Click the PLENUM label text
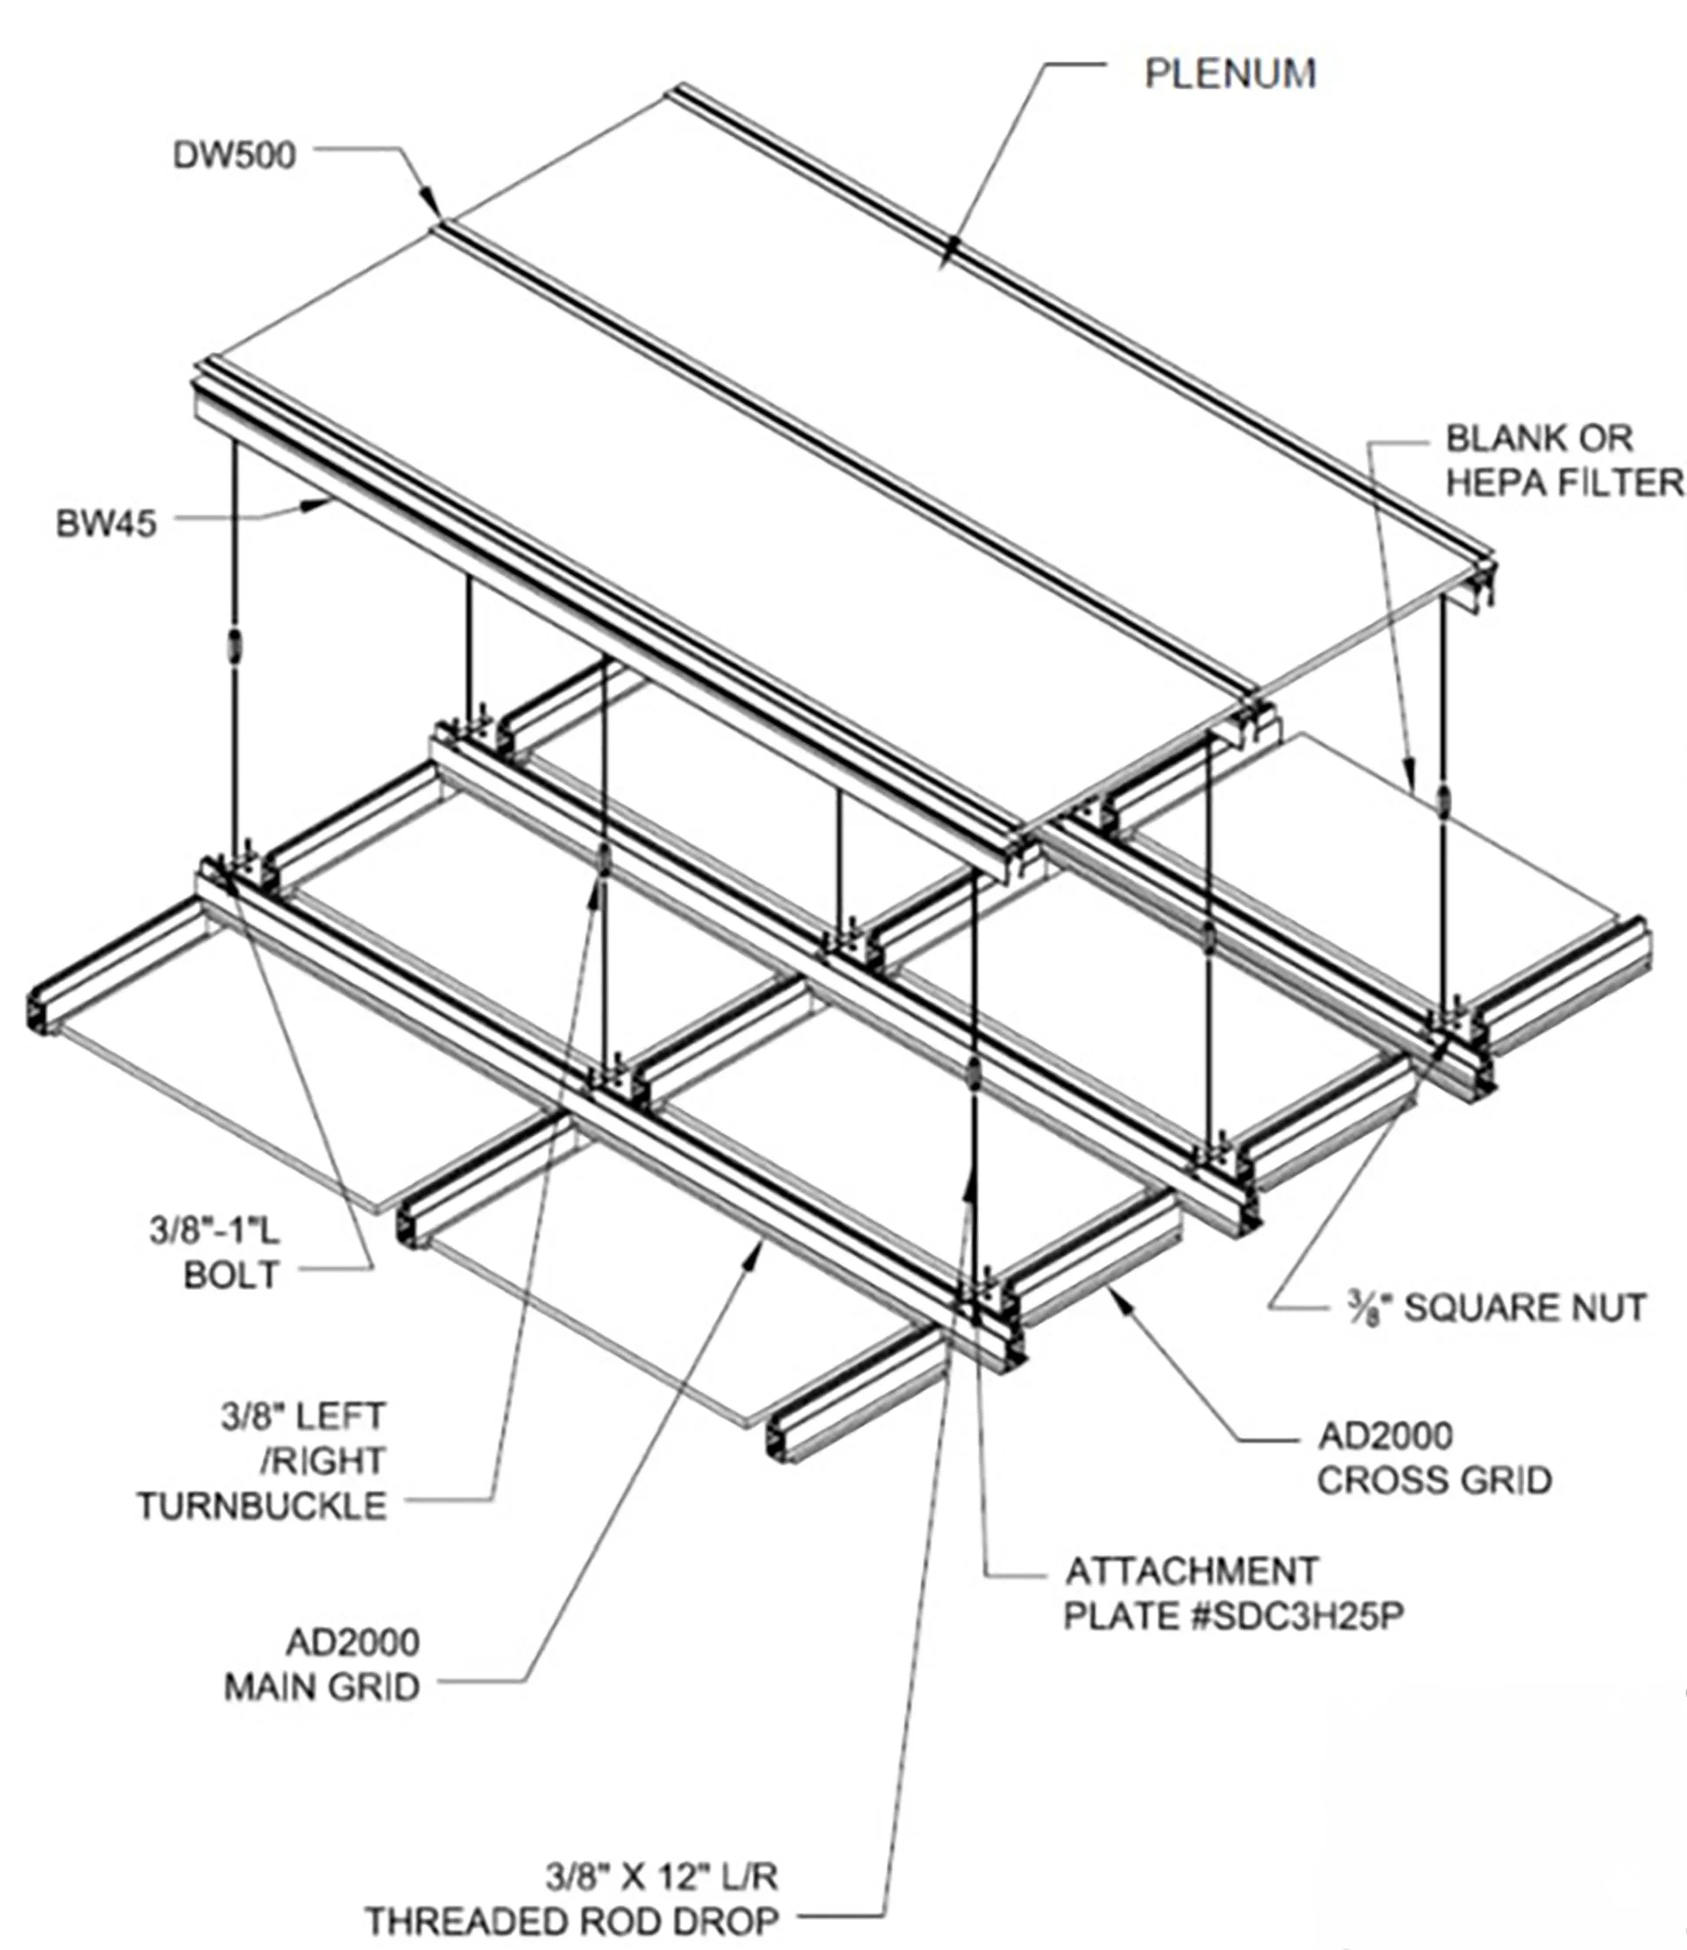pos(1230,74)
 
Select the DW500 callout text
pos(234,155)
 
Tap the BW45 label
pos(106,523)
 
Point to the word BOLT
pos(231,1275)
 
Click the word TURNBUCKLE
pos(263,1506)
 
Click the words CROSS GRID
pos(1434,1480)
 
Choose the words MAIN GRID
pos(322,1687)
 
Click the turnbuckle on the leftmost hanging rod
pos(232,648)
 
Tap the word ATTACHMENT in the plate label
pos(1192,1571)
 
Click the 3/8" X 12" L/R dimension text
pos(662,1877)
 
